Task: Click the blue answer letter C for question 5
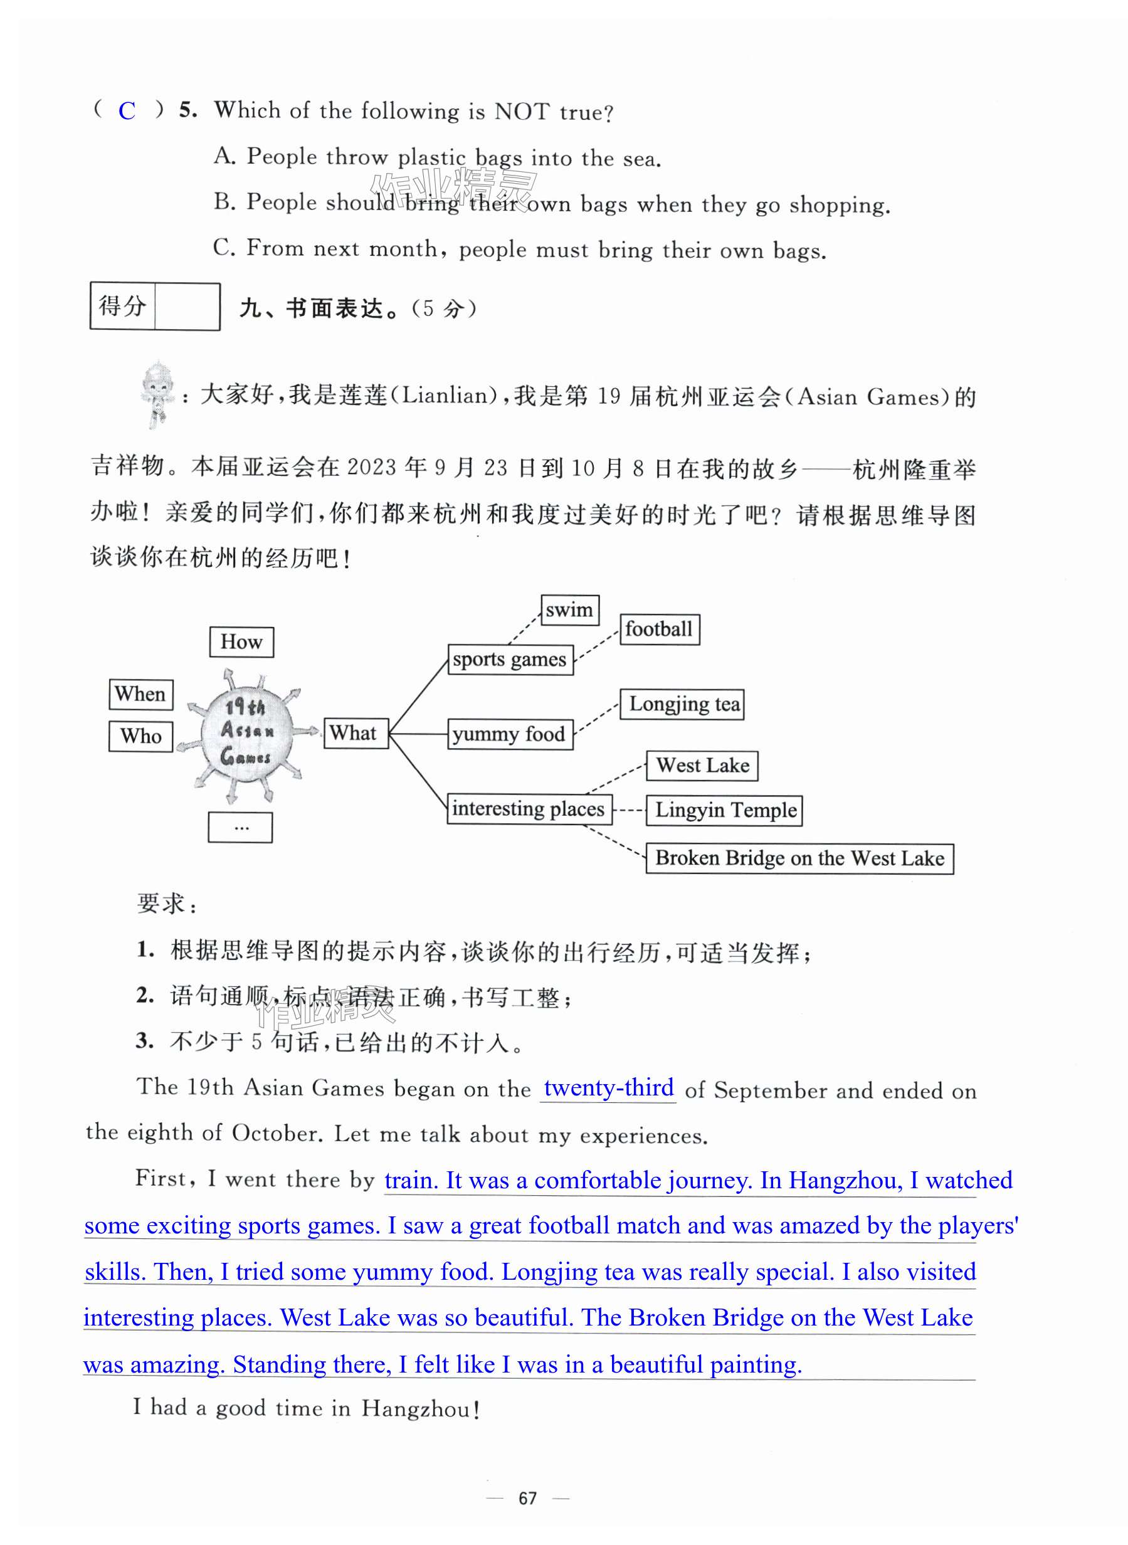[127, 110]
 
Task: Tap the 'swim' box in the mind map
[569, 609]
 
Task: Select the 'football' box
[659, 629]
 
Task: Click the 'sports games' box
[510, 660]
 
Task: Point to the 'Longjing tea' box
[682, 704]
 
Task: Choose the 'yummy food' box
[510, 734]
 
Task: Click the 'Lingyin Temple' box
[724, 810]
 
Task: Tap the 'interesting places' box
[529, 809]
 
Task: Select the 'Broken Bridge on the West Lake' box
[799, 858]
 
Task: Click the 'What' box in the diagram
[355, 733]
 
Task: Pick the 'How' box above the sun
[241, 641]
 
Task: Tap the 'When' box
[140, 694]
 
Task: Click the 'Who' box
[140, 737]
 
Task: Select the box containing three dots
[240, 828]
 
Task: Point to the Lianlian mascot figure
[158, 394]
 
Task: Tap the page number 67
[527, 1498]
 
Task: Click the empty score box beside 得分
[187, 307]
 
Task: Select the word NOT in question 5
[522, 110]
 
